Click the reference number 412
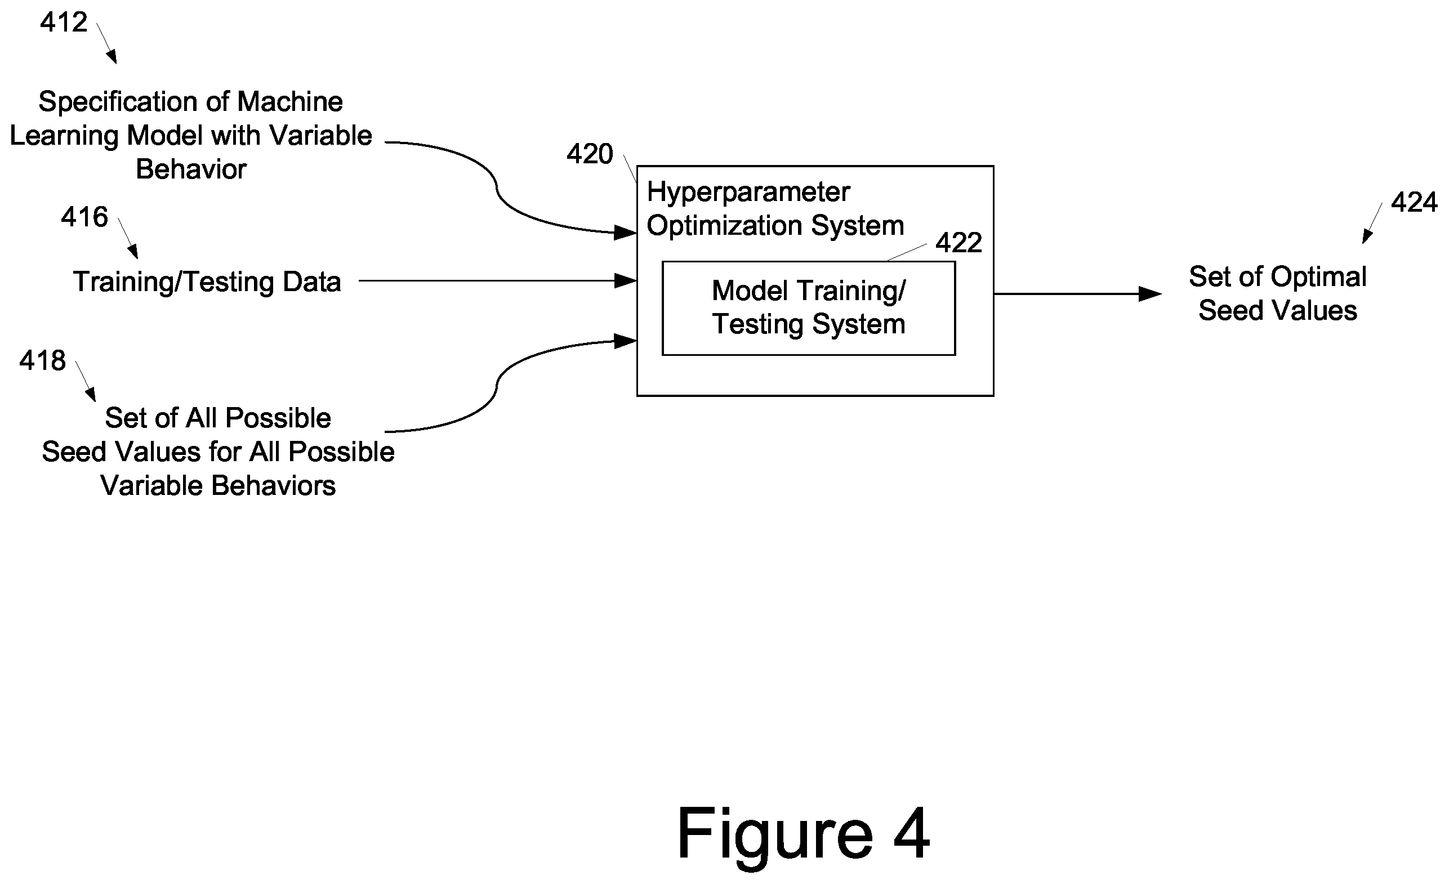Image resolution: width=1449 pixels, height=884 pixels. [64, 23]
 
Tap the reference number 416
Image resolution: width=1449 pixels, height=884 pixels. [84, 217]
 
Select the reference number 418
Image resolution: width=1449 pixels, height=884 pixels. [42, 360]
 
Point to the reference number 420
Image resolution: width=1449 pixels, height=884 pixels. [590, 154]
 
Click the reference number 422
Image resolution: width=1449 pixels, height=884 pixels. [958, 243]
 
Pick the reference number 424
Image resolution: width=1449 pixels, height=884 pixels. [1414, 203]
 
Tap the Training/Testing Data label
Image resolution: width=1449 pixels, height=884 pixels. [207, 282]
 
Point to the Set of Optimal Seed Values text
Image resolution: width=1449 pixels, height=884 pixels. [1278, 293]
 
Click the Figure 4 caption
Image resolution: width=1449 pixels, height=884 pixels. [802, 834]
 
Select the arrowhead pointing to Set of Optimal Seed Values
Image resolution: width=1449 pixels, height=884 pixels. [1149, 293]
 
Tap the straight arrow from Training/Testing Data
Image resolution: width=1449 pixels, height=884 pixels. [497, 281]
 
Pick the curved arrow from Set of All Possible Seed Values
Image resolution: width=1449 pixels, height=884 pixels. [497, 385]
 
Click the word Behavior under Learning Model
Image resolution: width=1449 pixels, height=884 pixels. [191, 170]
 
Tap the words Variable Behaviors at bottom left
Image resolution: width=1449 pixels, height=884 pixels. [218, 486]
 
